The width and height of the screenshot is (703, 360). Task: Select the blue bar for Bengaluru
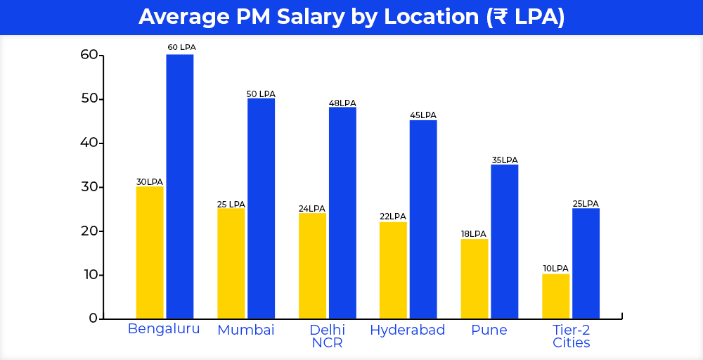tap(180, 186)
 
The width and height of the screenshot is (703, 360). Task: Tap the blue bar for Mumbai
tap(261, 208)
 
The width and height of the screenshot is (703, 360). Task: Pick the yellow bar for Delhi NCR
tap(312, 265)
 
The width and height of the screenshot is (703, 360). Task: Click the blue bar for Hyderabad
tap(423, 219)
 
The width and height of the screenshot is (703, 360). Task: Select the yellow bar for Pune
tap(475, 278)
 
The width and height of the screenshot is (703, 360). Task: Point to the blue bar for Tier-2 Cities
tap(586, 263)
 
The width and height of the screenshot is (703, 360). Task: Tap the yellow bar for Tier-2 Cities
tap(555, 296)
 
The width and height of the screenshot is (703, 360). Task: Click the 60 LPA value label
tap(181, 47)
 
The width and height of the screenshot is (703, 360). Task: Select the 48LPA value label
tap(342, 103)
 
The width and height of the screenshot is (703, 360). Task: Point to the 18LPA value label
tap(475, 234)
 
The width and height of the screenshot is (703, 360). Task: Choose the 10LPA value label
tap(555, 269)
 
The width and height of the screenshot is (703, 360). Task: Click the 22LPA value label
tap(393, 217)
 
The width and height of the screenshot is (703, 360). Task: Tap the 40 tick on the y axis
tap(89, 143)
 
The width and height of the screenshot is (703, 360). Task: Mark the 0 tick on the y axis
tap(93, 319)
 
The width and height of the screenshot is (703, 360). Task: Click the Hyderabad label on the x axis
tap(408, 330)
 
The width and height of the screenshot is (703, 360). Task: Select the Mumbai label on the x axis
tap(246, 330)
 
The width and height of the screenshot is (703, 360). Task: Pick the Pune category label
tap(489, 330)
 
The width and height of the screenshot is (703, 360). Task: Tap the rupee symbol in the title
tap(498, 17)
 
